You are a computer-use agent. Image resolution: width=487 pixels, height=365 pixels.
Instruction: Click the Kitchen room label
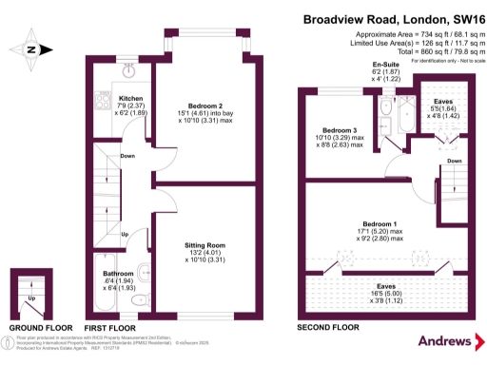coord(129,98)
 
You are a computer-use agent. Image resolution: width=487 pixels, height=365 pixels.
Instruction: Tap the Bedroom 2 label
coord(207,105)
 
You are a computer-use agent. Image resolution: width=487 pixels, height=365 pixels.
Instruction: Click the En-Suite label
coord(386,65)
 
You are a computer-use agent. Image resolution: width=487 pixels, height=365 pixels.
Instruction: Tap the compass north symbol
coord(31,49)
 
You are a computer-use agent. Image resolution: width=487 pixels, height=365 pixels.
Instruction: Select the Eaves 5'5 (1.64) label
coord(444,100)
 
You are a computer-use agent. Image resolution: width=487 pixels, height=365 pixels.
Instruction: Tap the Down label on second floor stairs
coord(454,161)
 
